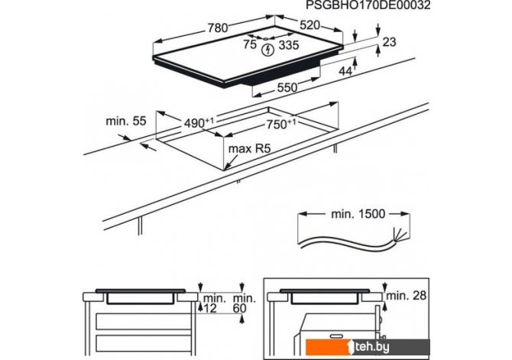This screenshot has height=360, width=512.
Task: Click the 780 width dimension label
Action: tap(218, 28)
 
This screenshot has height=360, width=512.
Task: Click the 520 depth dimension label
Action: tap(309, 25)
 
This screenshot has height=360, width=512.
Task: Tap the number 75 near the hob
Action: tap(250, 44)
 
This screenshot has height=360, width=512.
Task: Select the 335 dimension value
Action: tap(289, 45)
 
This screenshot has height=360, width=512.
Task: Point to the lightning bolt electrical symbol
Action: tap(267, 50)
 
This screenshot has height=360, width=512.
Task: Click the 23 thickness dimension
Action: tap(389, 42)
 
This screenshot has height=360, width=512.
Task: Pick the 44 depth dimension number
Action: tap(345, 71)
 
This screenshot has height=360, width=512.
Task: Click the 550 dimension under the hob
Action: tap(287, 88)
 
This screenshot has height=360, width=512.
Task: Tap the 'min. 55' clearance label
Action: tap(126, 121)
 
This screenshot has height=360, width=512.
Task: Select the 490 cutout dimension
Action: tap(199, 123)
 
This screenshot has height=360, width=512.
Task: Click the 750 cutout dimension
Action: tap(281, 124)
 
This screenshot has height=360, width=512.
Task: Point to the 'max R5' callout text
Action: tap(249, 149)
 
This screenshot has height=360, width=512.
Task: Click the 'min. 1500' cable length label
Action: tap(358, 214)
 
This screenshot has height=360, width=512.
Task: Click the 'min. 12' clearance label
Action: tap(215, 303)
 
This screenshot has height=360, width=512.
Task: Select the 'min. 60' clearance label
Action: tap(245, 303)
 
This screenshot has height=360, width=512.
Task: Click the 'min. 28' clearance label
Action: tap(407, 296)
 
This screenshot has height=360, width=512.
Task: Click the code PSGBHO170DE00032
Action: tap(368, 5)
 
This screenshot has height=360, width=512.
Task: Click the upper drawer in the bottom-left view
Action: tap(144, 322)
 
